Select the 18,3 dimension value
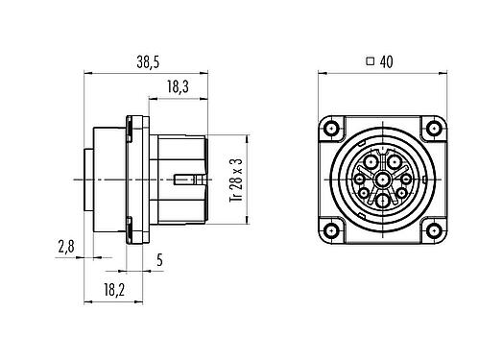tap(177, 86)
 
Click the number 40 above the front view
tap(388, 61)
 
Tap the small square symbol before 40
tap(371, 61)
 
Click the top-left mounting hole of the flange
tap(331, 130)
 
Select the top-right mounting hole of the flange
tap(432, 130)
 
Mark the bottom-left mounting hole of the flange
tap(331, 230)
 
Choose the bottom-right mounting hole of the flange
tap(432, 230)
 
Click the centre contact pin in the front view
tap(382, 180)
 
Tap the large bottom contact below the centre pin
tap(382, 201)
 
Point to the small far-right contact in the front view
tap(405, 179)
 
